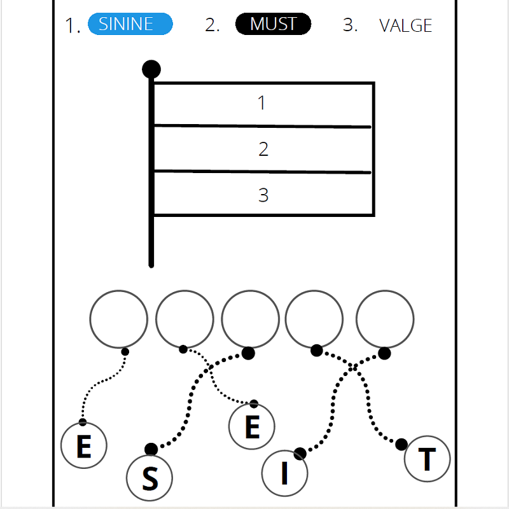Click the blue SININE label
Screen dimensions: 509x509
point(130,24)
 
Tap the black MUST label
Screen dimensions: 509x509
point(273,24)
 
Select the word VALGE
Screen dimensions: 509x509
point(405,25)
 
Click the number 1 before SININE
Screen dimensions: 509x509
point(73,26)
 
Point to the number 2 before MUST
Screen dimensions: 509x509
point(212,25)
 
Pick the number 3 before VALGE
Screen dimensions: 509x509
point(350,25)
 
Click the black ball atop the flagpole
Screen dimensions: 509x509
point(151,69)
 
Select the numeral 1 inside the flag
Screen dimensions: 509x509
point(261,103)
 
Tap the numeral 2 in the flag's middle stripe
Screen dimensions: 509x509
point(263,149)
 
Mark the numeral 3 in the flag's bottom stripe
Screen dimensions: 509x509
point(263,195)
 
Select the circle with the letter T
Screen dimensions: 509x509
point(427,458)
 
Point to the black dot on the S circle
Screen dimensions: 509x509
point(151,449)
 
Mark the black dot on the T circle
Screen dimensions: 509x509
point(401,444)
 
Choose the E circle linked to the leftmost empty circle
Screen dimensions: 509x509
point(83,445)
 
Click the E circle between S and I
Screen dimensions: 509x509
point(252,426)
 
